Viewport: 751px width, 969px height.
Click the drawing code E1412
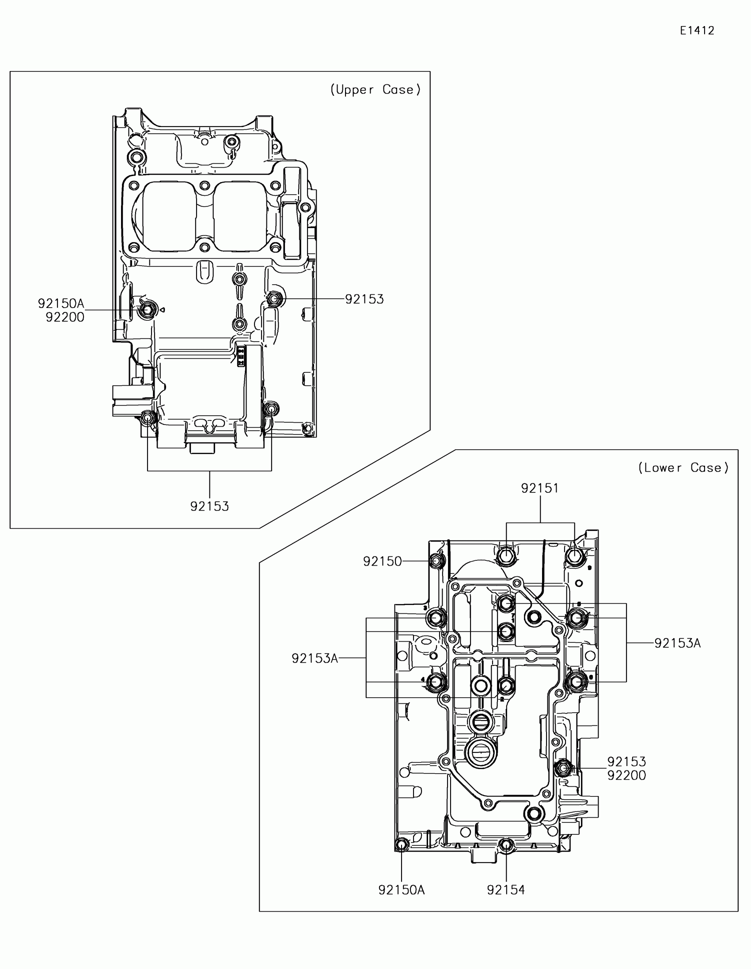click(x=697, y=30)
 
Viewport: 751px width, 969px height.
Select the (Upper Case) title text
click(x=375, y=90)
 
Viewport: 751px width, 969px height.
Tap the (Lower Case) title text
click(x=683, y=468)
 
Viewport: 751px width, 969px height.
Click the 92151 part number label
click(x=539, y=488)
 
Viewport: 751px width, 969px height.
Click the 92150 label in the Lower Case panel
click(x=382, y=561)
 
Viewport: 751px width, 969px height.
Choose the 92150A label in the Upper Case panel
click(x=61, y=304)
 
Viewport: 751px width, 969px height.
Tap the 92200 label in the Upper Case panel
click(x=65, y=317)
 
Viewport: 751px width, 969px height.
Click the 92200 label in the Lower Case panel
click(x=626, y=775)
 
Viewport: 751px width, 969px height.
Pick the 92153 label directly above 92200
click(x=626, y=761)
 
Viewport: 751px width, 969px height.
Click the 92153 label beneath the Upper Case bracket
click(x=209, y=506)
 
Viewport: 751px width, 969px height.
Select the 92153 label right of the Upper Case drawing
click(x=364, y=299)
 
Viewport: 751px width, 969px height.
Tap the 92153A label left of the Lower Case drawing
click(x=315, y=658)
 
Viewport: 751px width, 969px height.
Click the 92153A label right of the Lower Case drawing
click(x=677, y=643)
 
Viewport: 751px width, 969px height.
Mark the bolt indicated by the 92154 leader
click(x=506, y=845)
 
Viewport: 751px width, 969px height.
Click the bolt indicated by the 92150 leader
click(x=436, y=561)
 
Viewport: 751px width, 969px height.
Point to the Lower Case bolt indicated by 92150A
click(x=402, y=845)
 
